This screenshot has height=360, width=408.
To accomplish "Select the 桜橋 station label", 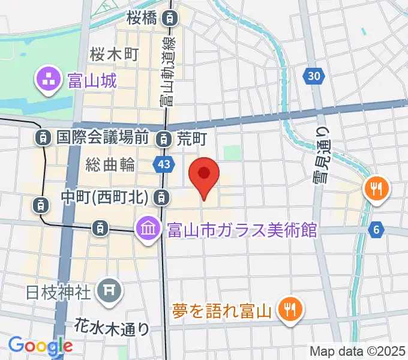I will coord(142,18).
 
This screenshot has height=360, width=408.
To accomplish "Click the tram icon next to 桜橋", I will coord(172,19).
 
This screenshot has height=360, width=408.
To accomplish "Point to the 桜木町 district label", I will coord(114,55).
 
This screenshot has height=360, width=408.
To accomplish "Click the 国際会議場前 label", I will coord(102,137).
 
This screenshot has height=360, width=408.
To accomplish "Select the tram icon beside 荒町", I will coord(163,139).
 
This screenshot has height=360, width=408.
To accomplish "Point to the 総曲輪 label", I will coord(110,164).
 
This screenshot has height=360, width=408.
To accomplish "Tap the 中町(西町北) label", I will coord(109,196).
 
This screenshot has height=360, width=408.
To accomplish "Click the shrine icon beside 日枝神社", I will coord(109,291).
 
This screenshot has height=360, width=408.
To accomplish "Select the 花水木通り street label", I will coord(113,328).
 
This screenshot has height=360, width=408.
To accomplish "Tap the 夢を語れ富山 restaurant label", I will coord(223,310).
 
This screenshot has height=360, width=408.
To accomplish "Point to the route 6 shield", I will coord(376,229).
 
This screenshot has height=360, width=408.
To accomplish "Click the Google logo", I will coord(40,346).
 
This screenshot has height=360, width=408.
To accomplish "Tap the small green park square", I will coord(232,152).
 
